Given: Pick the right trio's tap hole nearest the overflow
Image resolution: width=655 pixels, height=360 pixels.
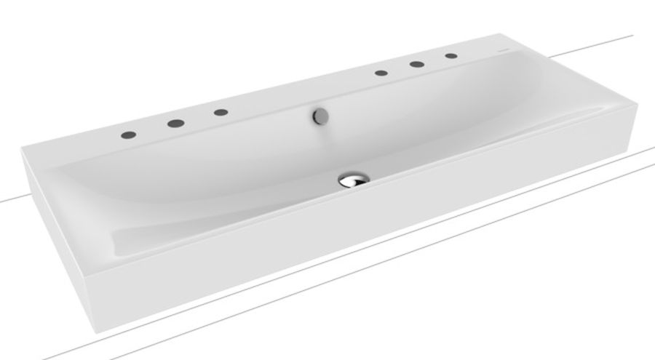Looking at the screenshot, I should coord(381,73).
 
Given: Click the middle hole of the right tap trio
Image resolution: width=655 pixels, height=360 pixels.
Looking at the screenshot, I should coord(418,64).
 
